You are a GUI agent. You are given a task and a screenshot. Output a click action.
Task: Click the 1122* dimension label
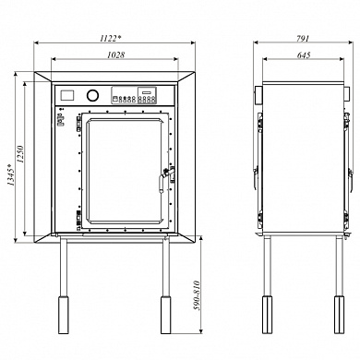tap(110, 38)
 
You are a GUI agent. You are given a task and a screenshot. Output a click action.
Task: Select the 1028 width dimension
tap(115, 54)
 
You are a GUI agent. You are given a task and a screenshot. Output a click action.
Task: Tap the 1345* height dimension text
tap(11, 174)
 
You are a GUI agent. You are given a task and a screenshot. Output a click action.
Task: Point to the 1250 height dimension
tap(20, 154)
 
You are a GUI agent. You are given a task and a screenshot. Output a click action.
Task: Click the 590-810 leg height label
tap(197, 295)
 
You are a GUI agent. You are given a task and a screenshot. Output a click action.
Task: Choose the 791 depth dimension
tap(303, 38)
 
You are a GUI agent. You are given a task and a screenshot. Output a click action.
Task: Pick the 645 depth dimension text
tap(304, 54)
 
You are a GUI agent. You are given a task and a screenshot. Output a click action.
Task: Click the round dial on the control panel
tap(92, 95)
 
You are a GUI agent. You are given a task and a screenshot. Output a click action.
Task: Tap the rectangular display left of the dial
tap(67, 95)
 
